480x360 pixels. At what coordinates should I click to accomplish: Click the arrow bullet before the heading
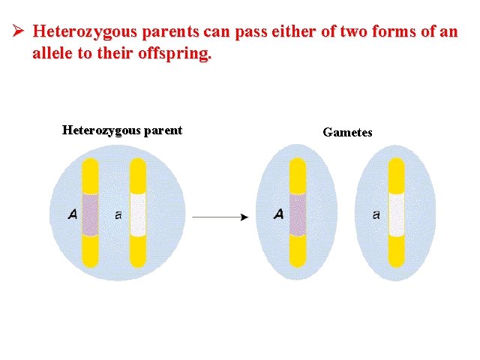point(19,32)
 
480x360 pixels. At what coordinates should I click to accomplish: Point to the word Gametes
point(347,132)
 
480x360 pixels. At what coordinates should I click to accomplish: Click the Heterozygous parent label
point(121,130)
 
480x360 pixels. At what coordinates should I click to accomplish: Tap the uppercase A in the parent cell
point(72,214)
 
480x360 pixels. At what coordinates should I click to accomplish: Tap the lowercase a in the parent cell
point(118,215)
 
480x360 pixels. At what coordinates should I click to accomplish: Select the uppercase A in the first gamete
point(278,214)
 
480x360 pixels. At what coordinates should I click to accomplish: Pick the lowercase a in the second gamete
point(376,215)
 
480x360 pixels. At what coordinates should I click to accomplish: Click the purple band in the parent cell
point(90,214)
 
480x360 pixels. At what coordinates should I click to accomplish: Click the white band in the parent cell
point(137,214)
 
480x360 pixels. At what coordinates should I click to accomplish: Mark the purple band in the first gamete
point(298,214)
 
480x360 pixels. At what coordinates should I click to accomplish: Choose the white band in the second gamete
point(396,214)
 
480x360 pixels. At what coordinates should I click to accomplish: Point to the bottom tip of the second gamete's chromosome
point(396,262)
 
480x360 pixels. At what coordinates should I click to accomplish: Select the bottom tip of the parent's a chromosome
point(137,262)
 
